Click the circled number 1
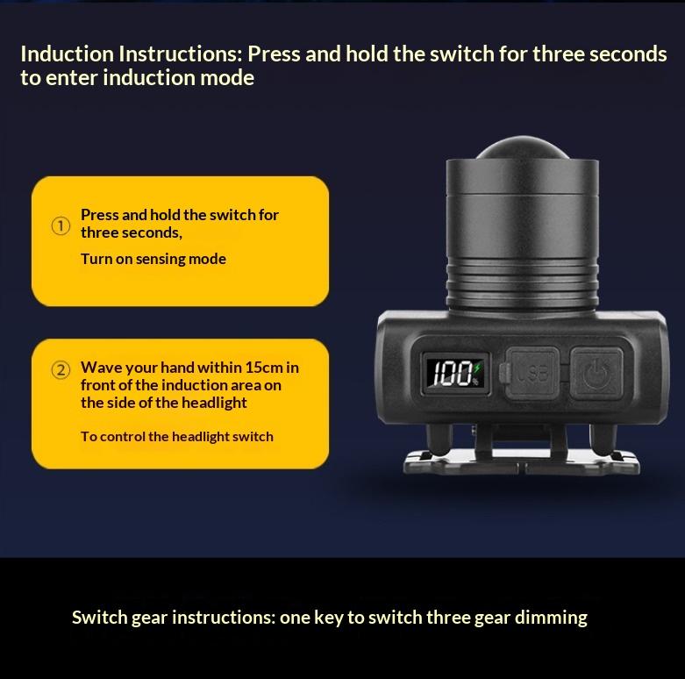click(61, 226)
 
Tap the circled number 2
click(61, 369)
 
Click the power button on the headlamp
click(596, 373)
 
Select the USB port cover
click(532, 373)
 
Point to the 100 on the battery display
click(450, 374)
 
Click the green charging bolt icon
click(477, 368)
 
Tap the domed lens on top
click(522, 147)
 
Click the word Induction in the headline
click(68, 54)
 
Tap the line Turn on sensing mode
click(153, 259)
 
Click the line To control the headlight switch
click(177, 437)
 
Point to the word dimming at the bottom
click(551, 618)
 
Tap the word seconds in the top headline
click(628, 54)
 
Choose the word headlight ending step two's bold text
click(214, 403)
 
